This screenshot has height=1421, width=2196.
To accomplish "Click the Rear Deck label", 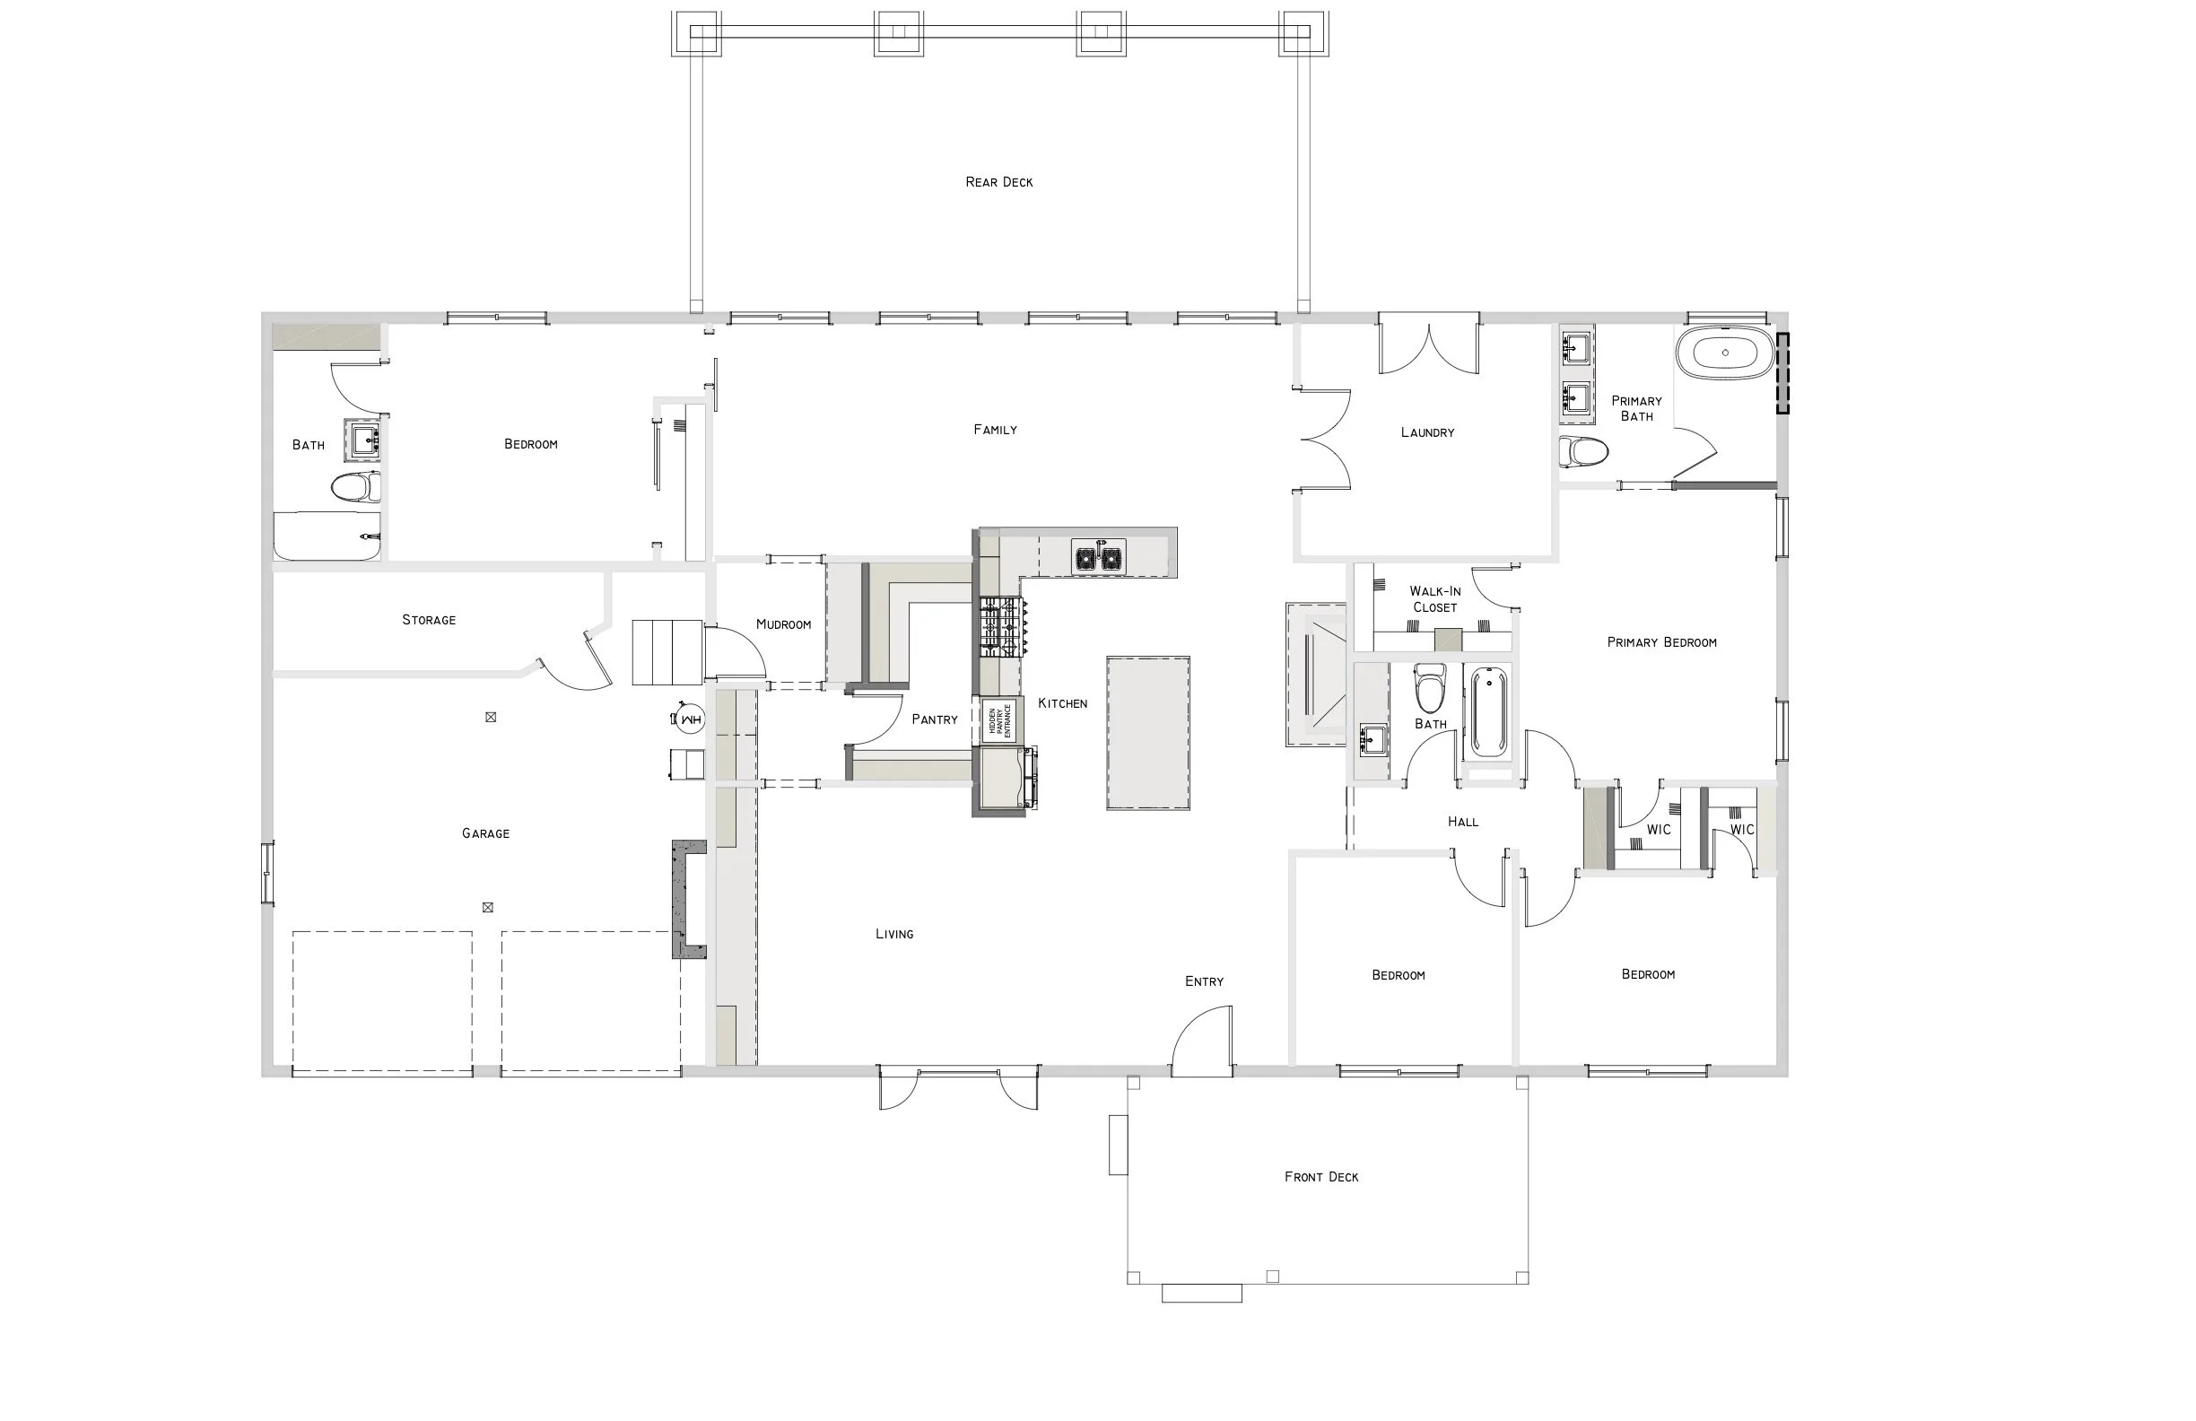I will click(998, 182).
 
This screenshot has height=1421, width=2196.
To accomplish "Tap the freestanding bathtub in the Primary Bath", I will click(1724, 353).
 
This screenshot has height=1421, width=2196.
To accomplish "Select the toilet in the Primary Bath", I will click(1584, 452).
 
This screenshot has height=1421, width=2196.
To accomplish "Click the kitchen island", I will click(1148, 733).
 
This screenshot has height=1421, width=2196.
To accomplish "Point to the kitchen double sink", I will click(1098, 557).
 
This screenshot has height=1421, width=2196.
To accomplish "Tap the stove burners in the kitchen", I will click(1002, 626).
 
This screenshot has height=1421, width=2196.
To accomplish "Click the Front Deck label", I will click(1321, 1176).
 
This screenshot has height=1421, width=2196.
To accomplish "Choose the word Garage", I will click(485, 833).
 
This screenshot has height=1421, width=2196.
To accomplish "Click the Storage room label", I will click(428, 620).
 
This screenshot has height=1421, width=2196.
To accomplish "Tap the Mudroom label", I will click(783, 624).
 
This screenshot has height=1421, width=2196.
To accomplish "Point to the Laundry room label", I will click(1426, 432).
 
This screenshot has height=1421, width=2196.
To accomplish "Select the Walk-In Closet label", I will click(1434, 599).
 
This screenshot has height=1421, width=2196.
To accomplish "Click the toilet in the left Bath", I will click(355, 486).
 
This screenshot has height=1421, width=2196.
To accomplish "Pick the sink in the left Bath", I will click(363, 440).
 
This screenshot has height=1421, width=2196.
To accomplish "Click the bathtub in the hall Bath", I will click(1488, 712).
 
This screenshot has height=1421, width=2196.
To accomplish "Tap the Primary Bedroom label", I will click(1660, 642).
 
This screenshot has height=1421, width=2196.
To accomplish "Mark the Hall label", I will click(1462, 821).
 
